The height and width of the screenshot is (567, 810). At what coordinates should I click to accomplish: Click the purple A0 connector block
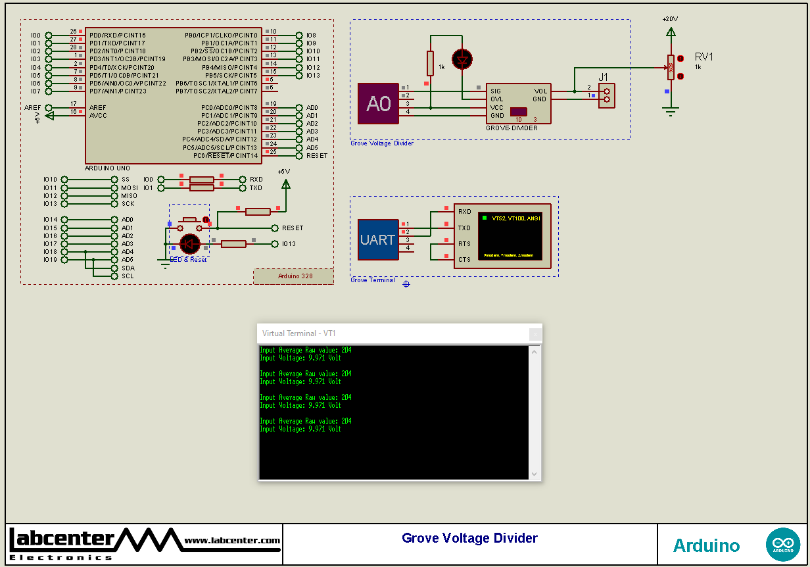click(x=378, y=104)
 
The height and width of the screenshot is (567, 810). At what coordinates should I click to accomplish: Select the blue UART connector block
click(x=378, y=240)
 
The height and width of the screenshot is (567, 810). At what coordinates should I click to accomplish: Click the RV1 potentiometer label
click(x=703, y=57)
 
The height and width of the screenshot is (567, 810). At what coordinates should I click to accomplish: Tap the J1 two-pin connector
click(x=606, y=95)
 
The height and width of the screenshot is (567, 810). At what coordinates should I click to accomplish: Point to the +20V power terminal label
click(x=670, y=19)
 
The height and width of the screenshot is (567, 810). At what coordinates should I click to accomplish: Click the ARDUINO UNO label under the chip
click(x=107, y=168)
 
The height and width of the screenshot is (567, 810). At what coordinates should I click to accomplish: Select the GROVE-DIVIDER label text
click(x=512, y=128)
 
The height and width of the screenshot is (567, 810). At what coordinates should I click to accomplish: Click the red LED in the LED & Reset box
click(x=189, y=244)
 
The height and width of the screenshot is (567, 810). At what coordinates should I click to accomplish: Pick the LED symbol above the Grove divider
click(x=463, y=59)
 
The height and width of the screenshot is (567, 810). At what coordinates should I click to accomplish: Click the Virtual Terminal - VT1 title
click(x=299, y=333)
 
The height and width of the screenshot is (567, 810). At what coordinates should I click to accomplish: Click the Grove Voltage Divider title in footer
click(x=469, y=539)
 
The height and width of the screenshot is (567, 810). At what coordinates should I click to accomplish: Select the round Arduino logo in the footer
click(x=782, y=545)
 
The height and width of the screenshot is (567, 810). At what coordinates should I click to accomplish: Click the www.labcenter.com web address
click(x=231, y=541)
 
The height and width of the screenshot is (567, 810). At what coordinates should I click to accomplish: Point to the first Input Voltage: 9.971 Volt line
click(x=300, y=358)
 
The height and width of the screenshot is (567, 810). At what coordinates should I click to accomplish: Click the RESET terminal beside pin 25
click(x=316, y=156)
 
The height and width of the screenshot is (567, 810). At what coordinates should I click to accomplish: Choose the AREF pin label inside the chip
click(x=98, y=107)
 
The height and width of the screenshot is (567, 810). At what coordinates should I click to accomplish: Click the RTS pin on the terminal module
click(x=464, y=244)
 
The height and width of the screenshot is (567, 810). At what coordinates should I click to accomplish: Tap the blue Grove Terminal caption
click(x=373, y=280)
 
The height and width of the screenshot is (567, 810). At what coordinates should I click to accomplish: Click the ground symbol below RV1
click(x=670, y=112)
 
